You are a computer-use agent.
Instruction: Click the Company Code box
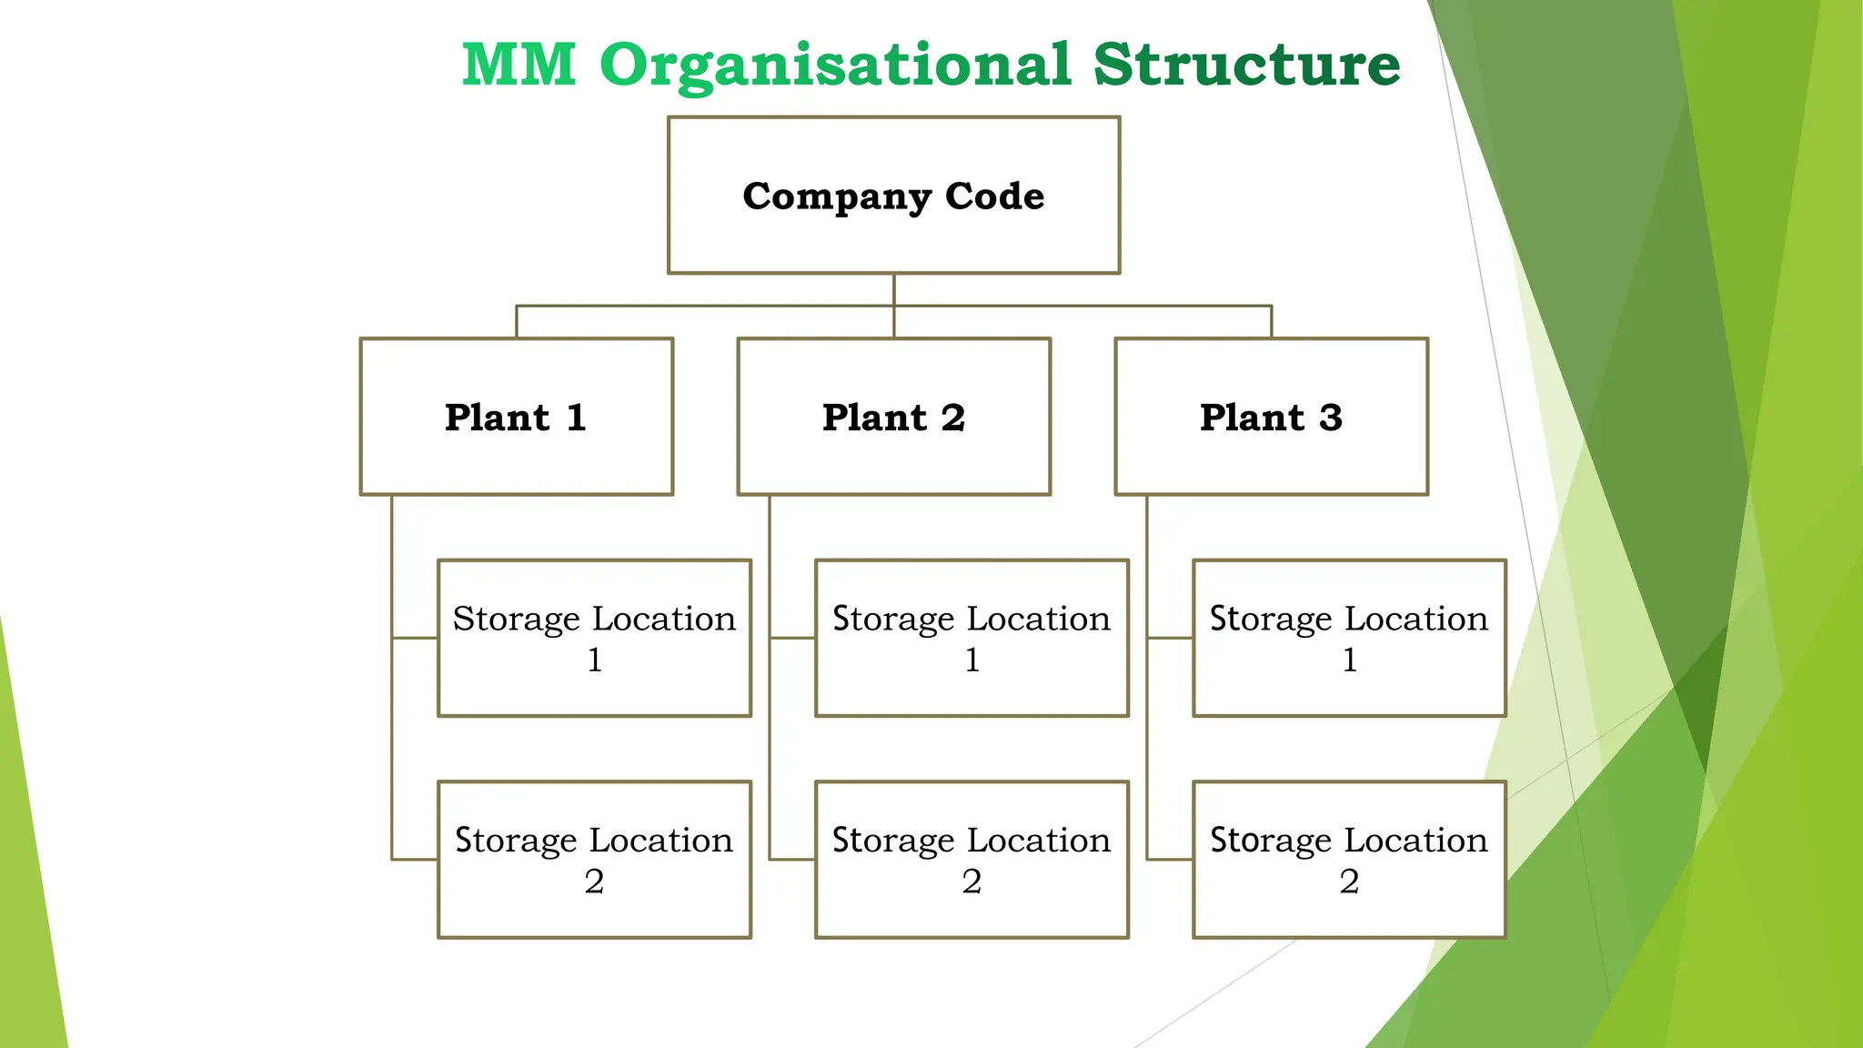893,195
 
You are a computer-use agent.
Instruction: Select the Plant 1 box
516,417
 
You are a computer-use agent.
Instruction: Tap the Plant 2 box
893,417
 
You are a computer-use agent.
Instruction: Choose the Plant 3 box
1271,417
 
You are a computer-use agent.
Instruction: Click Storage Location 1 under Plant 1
594,638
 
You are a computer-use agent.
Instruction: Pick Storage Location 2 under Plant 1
594,859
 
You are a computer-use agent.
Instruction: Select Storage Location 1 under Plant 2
972,638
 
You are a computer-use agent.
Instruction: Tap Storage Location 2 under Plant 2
972,859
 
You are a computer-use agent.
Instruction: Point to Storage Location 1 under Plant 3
1349,638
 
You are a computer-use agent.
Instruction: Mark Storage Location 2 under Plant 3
1349,859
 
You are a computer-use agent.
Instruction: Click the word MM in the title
519,65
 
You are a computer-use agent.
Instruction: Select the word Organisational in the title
835,65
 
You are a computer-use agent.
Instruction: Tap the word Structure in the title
1246,65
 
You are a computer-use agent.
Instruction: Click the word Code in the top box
994,196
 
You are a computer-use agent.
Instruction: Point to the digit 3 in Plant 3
1330,418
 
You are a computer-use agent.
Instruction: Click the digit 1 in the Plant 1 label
576,418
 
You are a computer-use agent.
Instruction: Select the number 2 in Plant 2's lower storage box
972,881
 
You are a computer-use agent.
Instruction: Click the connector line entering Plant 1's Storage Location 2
415,859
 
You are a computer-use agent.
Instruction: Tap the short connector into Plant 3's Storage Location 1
1170,638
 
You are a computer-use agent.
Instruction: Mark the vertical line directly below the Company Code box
893,289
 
